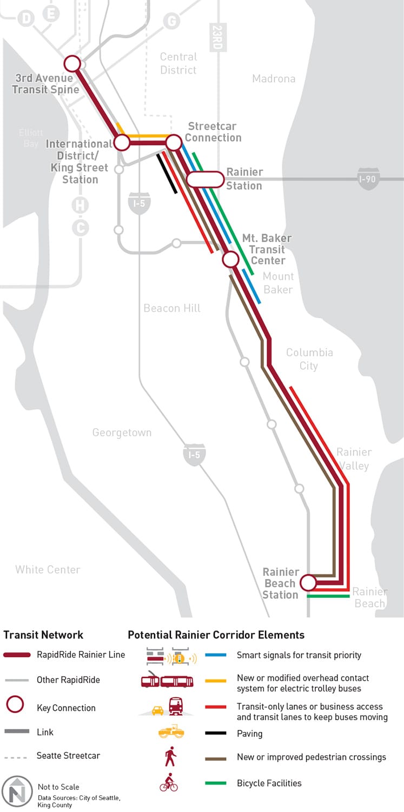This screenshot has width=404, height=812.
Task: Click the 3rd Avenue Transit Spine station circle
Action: pyautogui.click(x=72, y=63)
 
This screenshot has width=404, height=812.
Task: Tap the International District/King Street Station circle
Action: pyautogui.click(x=122, y=143)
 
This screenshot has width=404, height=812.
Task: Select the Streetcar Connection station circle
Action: pyautogui.click(x=173, y=143)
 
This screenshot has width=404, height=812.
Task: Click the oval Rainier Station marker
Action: pyautogui.click(x=205, y=179)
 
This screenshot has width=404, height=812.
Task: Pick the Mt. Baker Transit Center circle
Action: pyautogui.click(x=231, y=259)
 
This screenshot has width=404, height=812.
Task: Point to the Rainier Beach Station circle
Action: pyautogui.click(x=308, y=583)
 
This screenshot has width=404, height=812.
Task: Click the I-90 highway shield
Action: pyautogui.click(x=368, y=179)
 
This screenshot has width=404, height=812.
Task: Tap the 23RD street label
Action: pyautogui.click(x=218, y=37)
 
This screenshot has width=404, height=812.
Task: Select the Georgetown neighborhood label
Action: pyautogui.click(x=122, y=432)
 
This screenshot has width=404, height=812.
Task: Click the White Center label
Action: pyautogui.click(x=48, y=569)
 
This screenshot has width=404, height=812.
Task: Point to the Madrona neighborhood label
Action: pyautogui.click(x=274, y=79)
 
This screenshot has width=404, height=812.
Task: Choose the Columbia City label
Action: pyautogui.click(x=309, y=359)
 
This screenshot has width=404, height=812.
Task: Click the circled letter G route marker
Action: pyautogui.click(x=171, y=21)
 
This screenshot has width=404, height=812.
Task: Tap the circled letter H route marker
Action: pyautogui.click(x=81, y=205)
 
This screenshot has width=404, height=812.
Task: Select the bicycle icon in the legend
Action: pyautogui.click(x=169, y=782)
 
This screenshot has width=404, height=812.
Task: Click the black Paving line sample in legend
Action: pyautogui.click(x=216, y=734)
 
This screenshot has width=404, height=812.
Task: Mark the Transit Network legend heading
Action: pyautogui.click(x=43, y=635)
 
